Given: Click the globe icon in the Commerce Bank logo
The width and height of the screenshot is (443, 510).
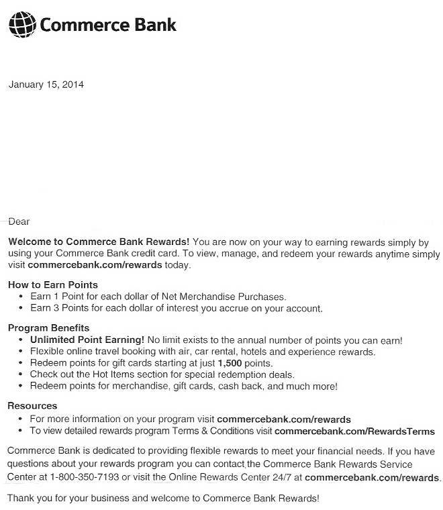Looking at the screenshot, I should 22,25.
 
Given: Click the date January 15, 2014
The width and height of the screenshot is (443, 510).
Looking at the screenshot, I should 46,85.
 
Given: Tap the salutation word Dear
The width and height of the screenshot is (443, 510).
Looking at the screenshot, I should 19,221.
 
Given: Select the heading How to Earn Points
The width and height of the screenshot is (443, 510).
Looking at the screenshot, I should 53,285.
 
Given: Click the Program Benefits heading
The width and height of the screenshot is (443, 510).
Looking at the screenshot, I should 48,328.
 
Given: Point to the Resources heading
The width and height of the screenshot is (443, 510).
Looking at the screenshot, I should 32,406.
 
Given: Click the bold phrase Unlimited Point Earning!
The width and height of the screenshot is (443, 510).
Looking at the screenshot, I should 87,340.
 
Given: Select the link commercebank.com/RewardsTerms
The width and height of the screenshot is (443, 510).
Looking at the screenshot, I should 354,431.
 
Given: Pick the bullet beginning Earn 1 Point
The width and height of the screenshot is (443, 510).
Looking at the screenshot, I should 158,296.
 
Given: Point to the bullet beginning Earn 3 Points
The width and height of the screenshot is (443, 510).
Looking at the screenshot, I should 176,309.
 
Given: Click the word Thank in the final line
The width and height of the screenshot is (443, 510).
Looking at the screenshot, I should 21,498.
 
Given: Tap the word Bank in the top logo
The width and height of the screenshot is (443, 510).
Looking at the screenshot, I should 155,25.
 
